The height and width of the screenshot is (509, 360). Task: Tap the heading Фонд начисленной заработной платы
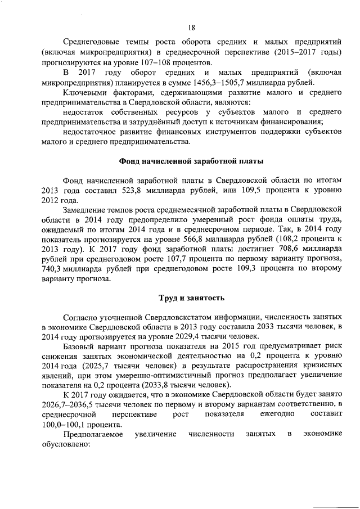pos(191,160)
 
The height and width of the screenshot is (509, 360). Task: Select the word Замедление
pos(86,209)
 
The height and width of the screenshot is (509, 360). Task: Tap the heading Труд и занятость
pos(191,296)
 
